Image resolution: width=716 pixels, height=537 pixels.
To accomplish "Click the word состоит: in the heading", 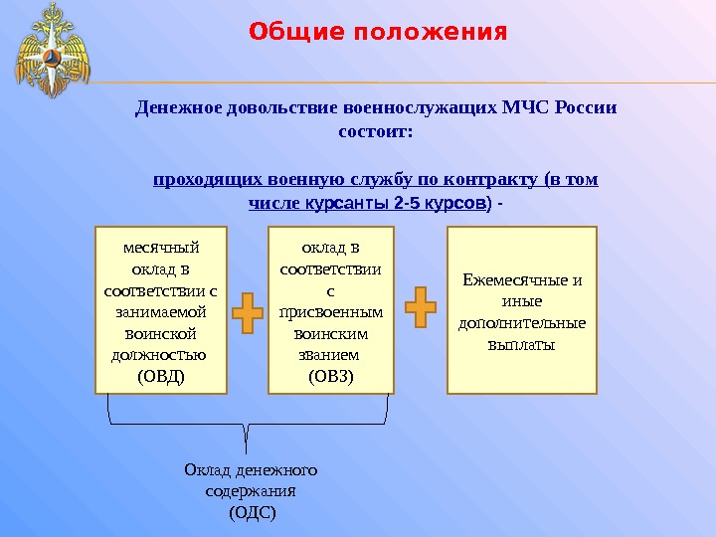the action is tap(375, 131).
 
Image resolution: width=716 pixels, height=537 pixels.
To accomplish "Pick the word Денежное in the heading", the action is tap(175, 106).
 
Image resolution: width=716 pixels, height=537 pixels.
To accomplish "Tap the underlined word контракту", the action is tap(492, 180).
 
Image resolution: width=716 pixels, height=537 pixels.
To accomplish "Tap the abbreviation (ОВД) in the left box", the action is tap(160, 376).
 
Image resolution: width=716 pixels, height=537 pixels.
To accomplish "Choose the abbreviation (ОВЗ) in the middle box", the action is tap(330, 376).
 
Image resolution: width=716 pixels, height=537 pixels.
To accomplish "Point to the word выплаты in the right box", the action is tap(522, 345).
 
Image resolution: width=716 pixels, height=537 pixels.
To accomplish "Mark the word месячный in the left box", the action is tap(160, 247).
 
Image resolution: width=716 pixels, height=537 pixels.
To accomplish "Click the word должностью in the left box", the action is tap(159, 354).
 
